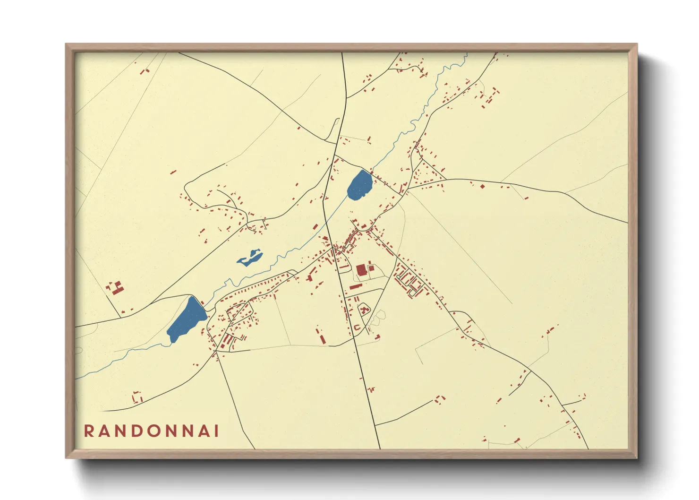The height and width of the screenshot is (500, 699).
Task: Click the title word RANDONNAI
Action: (151, 431)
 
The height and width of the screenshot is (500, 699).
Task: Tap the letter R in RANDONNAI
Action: (89, 431)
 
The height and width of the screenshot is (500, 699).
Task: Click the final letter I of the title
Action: (216, 431)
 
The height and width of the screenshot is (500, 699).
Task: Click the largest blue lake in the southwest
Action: (186, 319)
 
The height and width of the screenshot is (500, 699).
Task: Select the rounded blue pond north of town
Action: (360, 185)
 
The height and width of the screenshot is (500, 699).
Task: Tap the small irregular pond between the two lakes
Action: (250, 259)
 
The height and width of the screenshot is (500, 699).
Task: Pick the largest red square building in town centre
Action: (361, 270)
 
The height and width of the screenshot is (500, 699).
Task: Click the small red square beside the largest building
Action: (372, 268)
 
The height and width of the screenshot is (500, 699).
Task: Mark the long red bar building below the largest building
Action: (356, 286)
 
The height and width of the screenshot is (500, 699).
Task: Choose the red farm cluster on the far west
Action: (115, 288)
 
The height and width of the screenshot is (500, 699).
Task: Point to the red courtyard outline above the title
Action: (137, 397)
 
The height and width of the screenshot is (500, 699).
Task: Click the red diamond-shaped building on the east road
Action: (482, 186)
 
